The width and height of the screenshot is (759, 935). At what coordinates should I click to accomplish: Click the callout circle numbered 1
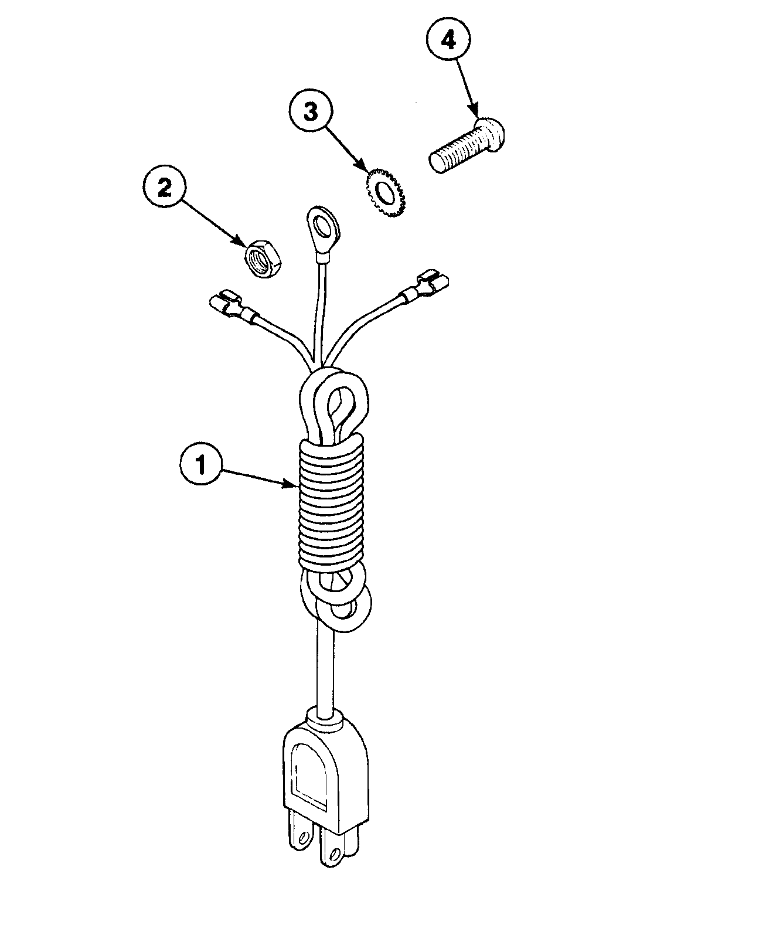pos(200,465)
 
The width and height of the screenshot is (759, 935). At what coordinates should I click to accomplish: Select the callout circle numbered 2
pos(164,188)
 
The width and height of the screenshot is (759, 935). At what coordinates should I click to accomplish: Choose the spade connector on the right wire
pos(431,283)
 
